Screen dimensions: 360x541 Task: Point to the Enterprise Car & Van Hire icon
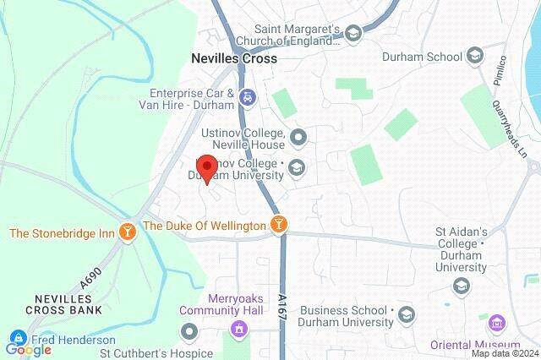[246, 96]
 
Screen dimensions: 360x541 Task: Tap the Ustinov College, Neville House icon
[298, 136]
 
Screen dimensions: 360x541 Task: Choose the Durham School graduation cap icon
[476, 57]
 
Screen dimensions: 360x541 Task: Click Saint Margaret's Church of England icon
[354, 34]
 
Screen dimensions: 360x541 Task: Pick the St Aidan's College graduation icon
[461, 286]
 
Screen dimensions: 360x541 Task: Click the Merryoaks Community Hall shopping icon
[238, 329]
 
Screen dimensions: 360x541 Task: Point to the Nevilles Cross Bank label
[57, 304]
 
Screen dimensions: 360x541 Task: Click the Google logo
[28, 349]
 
